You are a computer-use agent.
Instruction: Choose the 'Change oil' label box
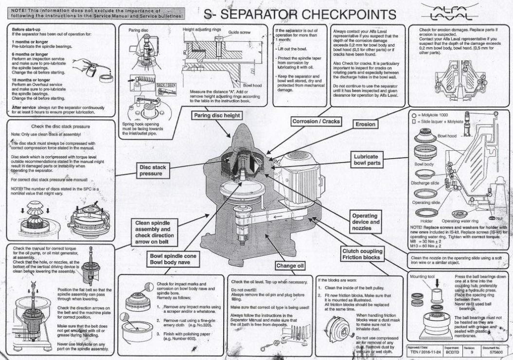tap(290, 266)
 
